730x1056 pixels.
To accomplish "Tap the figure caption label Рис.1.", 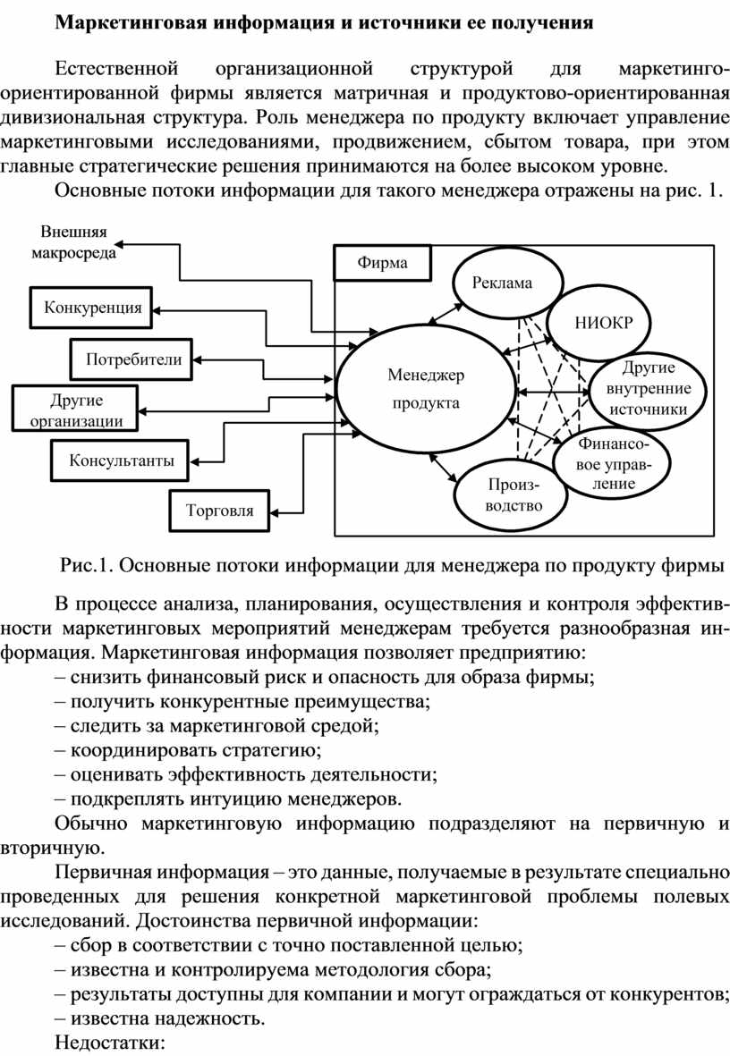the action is [87, 564].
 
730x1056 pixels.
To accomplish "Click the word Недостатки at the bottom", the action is [109, 1043].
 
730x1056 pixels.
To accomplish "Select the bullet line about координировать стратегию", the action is [188, 749].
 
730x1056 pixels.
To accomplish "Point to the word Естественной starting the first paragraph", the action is [116, 69].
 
